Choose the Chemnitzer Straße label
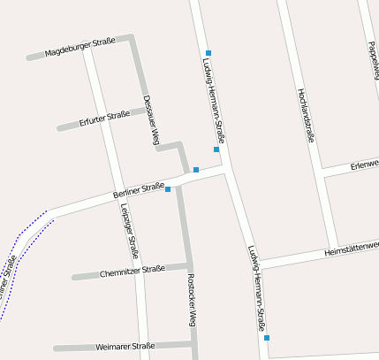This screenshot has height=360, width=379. (x=132, y=270)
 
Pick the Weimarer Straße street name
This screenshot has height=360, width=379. (x=125, y=346)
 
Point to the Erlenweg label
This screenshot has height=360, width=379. (x=363, y=165)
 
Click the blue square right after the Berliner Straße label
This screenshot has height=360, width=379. (x=168, y=188)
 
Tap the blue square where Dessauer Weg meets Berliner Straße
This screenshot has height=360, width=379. (x=195, y=169)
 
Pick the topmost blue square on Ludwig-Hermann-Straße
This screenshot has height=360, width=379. (x=208, y=53)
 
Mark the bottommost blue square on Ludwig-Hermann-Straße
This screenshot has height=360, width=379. (x=266, y=337)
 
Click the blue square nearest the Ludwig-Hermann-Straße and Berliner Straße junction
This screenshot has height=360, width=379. (x=216, y=149)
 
